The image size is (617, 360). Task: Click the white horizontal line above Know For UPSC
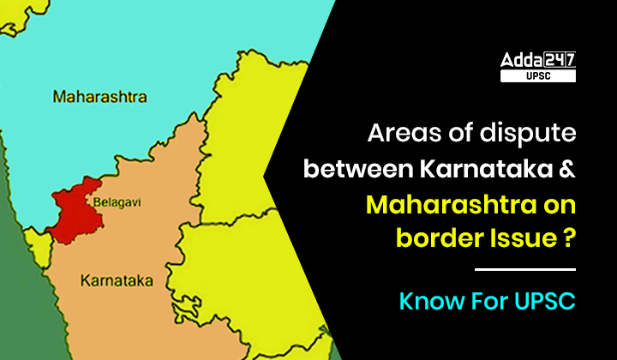tap(524, 270)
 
